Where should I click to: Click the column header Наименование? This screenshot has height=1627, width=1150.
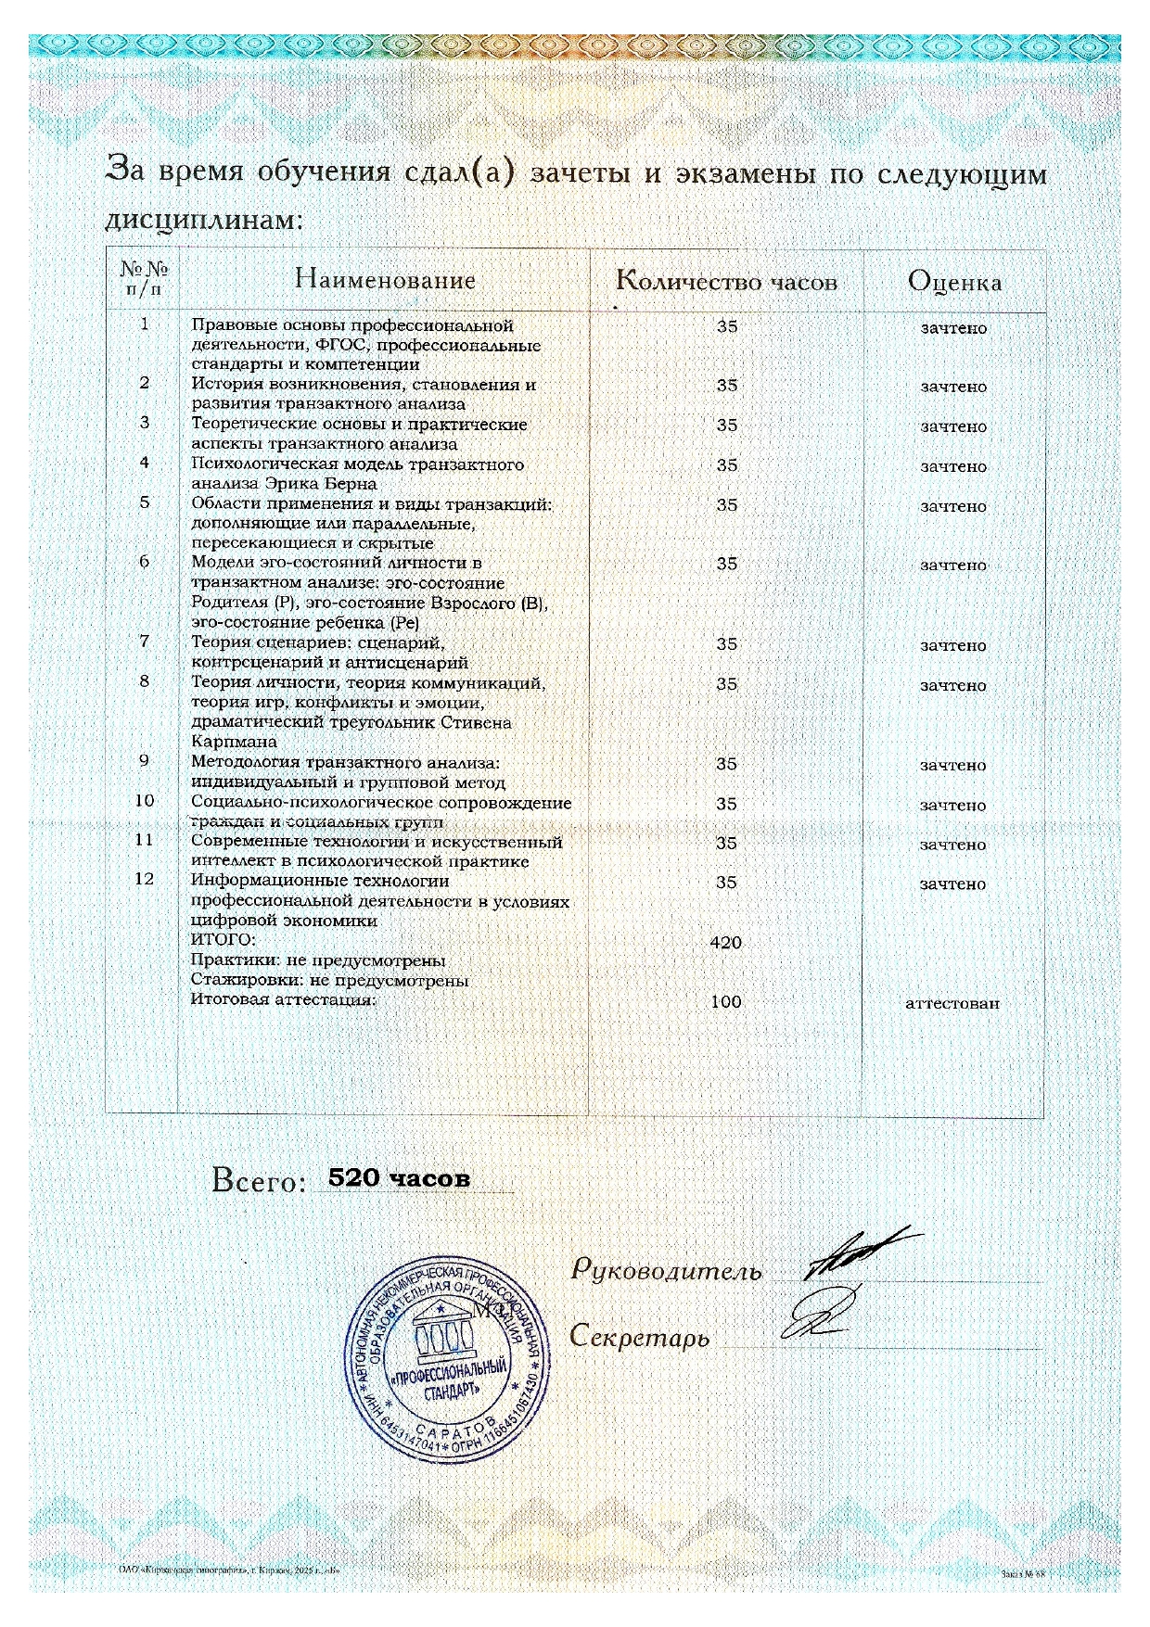(385, 279)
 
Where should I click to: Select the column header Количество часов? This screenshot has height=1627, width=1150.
(726, 282)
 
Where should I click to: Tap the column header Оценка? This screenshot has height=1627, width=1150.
(954, 282)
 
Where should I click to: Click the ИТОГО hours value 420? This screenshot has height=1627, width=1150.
(725, 943)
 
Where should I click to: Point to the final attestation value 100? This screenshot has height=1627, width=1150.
(725, 1002)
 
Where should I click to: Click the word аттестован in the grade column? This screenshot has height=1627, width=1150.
(952, 1003)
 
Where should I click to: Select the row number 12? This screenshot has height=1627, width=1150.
(144, 879)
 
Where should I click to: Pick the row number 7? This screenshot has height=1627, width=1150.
(144, 642)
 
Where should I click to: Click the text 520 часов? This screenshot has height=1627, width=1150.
(400, 1178)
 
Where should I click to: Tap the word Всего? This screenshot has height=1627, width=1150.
(258, 1181)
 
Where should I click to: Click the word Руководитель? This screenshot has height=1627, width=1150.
(666, 1271)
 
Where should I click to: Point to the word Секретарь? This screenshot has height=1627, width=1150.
(640, 1338)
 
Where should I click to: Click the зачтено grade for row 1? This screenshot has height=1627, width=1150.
(953, 328)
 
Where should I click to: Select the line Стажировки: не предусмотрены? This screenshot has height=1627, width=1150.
(329, 981)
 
